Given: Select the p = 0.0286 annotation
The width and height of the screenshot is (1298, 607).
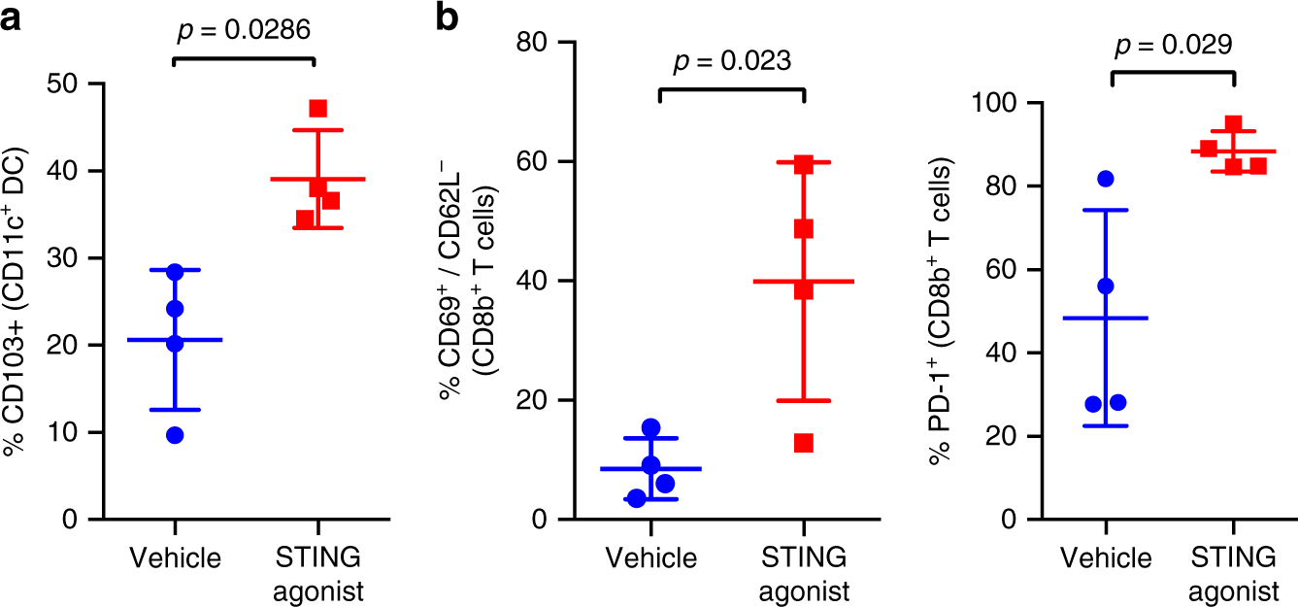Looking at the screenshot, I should pos(244,30).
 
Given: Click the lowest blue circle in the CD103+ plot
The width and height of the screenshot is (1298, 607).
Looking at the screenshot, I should pos(175,435).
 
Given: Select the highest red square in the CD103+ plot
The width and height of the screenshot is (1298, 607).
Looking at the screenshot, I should pos(317,108).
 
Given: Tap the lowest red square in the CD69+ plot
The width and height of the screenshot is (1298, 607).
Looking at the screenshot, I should pos(803,443).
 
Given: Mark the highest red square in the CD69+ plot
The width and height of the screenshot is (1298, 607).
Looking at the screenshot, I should pos(803,164).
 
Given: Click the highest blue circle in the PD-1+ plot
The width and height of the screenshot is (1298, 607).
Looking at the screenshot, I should pos(1105,179).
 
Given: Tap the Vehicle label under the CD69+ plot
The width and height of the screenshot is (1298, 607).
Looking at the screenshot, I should pos(651,558).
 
